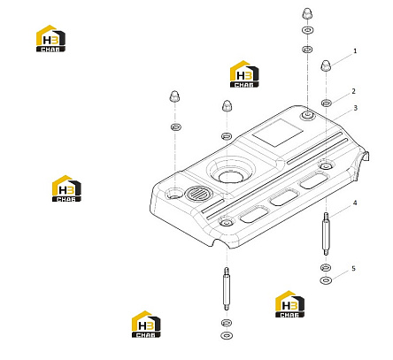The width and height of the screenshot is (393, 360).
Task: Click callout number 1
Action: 355,51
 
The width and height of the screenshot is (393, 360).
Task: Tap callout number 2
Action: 353,91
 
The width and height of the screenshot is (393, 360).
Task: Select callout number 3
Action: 355,108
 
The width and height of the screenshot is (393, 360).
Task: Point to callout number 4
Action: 355,203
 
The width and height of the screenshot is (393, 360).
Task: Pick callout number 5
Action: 353,269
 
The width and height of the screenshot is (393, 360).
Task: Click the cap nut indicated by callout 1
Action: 325,65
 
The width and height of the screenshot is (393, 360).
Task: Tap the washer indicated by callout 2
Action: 326,103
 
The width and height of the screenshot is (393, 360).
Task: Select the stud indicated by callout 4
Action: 326,234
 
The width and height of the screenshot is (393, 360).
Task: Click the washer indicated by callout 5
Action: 326,280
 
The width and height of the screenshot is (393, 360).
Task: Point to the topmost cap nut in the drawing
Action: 307,14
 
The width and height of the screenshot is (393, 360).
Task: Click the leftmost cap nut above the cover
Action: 174,96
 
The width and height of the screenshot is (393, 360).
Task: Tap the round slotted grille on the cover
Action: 198,195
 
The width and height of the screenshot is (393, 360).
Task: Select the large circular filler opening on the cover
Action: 231,177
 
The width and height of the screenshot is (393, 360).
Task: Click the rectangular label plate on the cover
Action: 278,133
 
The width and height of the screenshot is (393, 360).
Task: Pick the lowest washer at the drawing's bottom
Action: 227,335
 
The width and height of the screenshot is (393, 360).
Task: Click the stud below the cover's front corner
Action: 227,288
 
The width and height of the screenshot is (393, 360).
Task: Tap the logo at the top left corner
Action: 50,39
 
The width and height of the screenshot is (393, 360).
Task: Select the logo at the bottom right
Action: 289,304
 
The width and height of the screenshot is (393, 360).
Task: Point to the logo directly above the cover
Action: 244,74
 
